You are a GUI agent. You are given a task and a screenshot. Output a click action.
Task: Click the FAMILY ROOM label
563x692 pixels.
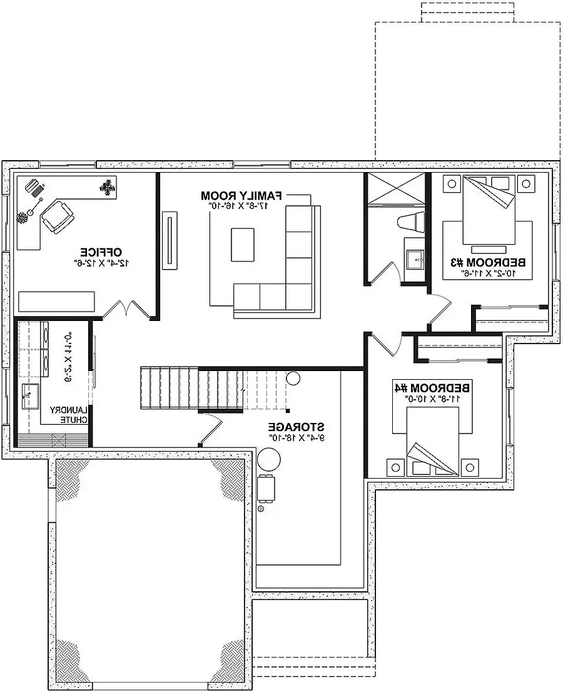click(241, 195)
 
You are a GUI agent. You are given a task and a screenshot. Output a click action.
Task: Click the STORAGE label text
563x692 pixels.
click(297, 427)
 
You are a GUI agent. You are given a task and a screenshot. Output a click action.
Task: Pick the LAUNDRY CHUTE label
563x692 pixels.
click(72, 415)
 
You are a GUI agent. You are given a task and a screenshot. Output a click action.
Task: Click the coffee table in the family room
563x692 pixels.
click(243, 245)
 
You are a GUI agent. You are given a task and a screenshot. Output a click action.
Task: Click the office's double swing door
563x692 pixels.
click(127, 310)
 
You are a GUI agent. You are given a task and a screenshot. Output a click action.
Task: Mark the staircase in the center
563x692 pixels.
click(213, 388)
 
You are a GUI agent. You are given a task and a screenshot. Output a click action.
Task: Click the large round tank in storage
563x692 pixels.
click(270, 461)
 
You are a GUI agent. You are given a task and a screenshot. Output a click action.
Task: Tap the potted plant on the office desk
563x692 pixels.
click(108, 186)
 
